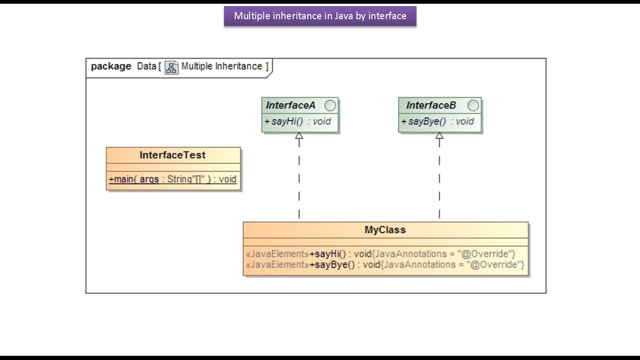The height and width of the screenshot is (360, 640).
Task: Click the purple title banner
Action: [320, 16]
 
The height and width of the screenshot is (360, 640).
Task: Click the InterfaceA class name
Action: [290, 105]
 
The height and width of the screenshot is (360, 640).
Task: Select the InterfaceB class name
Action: [431, 105]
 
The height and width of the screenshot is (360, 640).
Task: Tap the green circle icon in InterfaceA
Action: [330, 105]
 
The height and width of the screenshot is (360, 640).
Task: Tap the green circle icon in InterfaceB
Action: [473, 105]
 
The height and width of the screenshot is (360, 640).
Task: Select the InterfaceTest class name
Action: [172, 155]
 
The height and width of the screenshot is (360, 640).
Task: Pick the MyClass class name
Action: [385, 230]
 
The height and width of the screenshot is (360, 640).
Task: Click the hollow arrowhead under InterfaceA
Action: [299, 135]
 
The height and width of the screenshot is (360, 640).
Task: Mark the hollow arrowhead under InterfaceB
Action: [439, 135]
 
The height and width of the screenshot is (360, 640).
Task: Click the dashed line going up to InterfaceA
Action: [299, 179]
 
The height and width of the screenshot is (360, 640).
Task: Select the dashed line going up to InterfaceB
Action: [439, 179]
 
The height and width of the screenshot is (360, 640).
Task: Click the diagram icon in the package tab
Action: [171, 68]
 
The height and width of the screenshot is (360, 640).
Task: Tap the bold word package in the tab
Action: [111, 67]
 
